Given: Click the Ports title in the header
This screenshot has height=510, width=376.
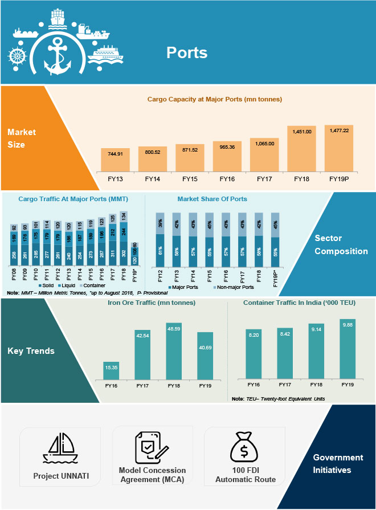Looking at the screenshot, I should pyautogui.click(x=187, y=53).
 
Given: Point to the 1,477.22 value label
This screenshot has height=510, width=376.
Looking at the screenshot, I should pyautogui.click(x=339, y=130).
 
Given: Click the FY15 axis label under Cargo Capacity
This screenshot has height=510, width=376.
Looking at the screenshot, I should pyautogui.click(x=190, y=178).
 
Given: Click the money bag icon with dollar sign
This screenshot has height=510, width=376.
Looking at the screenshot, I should pyautogui.click(x=245, y=447).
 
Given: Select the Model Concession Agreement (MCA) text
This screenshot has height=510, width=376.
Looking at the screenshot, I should pyautogui.click(x=152, y=475).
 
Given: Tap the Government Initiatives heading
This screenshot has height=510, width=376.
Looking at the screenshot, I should pyautogui.click(x=338, y=464).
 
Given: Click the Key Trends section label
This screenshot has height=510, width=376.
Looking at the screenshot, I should pyautogui.click(x=31, y=351).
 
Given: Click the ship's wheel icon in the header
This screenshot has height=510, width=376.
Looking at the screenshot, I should pyautogui.click(x=19, y=56).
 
